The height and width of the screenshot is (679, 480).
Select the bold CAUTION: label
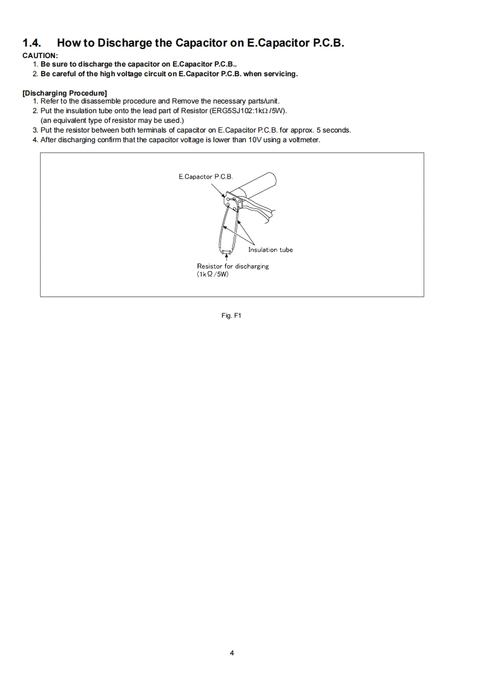point(40,56)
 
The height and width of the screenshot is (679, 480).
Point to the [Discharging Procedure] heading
point(65,93)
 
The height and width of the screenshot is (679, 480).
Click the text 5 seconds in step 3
point(335,130)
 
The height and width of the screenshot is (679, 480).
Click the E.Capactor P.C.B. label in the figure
point(205,177)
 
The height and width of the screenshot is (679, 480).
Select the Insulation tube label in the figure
point(270,249)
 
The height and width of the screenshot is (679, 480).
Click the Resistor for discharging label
point(232,266)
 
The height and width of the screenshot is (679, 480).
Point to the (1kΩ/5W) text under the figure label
point(212,274)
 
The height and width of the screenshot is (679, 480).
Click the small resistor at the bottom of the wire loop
point(225,251)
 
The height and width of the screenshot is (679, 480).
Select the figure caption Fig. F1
point(232,315)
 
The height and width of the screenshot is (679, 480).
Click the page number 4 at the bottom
point(232,653)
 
